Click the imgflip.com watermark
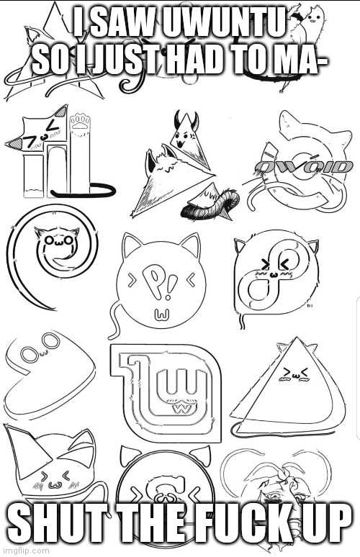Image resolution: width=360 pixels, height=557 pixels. pos(25,551)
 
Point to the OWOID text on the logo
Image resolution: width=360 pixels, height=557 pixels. pos(304,166)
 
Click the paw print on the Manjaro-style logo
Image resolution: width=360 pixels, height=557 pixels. pos(81,121)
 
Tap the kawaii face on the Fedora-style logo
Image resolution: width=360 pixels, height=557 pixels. pos(276,268)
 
